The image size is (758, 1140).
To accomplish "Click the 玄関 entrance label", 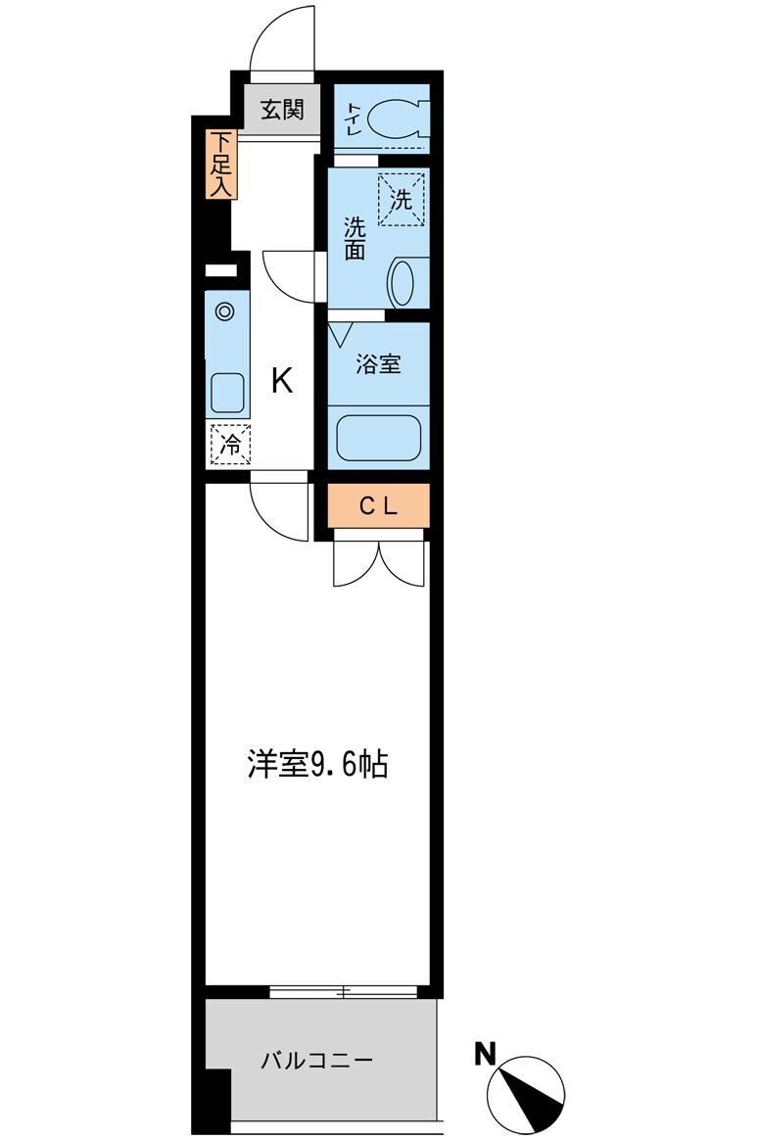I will pyautogui.click(x=282, y=109).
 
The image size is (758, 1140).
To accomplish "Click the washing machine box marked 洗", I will pyautogui.click(x=403, y=200).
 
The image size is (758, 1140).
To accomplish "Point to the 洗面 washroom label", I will pyautogui.click(x=354, y=238).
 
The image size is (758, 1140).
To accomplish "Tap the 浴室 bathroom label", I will pyautogui.click(x=378, y=364).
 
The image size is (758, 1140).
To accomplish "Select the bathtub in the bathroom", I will pyautogui.click(x=378, y=436).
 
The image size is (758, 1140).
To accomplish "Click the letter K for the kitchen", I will pyautogui.click(x=282, y=381).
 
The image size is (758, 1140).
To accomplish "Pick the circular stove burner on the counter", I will pyautogui.click(x=225, y=312).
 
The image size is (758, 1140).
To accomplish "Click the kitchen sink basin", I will pyautogui.click(x=227, y=394).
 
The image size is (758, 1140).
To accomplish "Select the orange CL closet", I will pyautogui.click(x=378, y=506).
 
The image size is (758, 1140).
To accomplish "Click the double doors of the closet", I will pyautogui.click(x=379, y=561).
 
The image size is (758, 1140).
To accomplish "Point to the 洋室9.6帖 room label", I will pyautogui.click(x=317, y=764).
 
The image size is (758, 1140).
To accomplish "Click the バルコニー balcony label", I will pyautogui.click(x=316, y=1060).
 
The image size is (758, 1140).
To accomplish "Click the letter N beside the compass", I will pyautogui.click(x=484, y=1054).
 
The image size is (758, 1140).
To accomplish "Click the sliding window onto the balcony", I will pyautogui.click(x=344, y=992).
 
